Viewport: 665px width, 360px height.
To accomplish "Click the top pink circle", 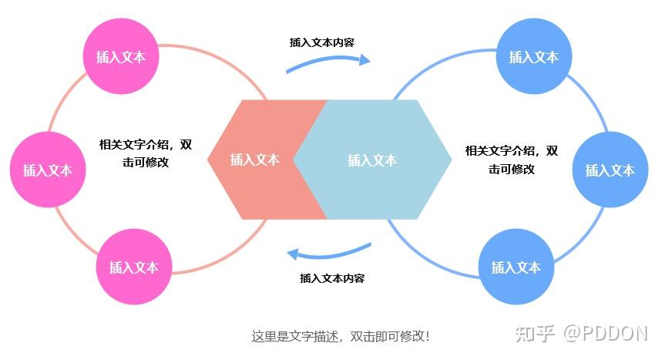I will (x=120, y=56).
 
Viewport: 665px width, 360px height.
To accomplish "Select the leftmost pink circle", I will (x=47, y=170).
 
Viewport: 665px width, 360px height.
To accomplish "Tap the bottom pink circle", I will (x=133, y=267).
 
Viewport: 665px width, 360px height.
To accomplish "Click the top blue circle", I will (x=533, y=56).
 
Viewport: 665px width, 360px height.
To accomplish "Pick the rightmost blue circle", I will (x=610, y=170).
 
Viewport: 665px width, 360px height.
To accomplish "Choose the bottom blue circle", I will (x=516, y=267).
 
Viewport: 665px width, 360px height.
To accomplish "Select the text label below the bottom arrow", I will (x=332, y=278).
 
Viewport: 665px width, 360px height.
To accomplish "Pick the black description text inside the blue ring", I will (x=511, y=160).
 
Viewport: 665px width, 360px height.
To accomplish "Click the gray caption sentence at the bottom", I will (x=340, y=336).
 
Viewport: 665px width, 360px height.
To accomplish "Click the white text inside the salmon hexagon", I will (x=254, y=160).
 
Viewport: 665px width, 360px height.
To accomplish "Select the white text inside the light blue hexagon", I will (x=371, y=160).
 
